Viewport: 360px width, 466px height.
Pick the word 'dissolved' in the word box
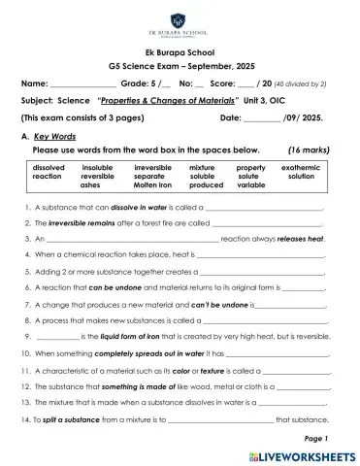tap(48, 167)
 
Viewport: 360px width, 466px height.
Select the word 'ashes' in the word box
tap(90, 184)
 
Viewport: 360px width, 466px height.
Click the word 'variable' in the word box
tap(250, 184)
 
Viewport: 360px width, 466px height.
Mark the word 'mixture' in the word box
tap(202, 167)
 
